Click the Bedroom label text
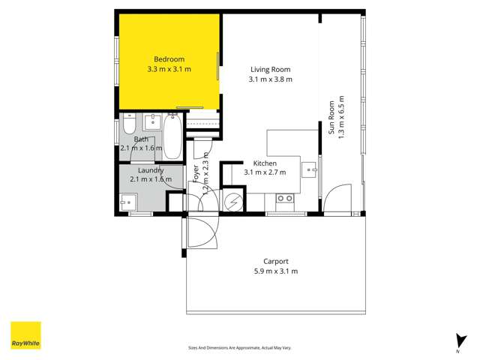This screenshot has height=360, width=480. pos(169,59)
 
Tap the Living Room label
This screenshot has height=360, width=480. pos(270,70)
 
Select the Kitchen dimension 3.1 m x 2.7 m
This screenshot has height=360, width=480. pos(265,172)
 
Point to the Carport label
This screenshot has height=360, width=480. pos(276,262)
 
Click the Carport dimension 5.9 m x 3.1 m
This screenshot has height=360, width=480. pos(276,271)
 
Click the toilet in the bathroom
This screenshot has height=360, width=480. pos(128,126)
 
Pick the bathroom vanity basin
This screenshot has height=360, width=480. pos(153,121)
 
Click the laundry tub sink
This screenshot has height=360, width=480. pos(127,202)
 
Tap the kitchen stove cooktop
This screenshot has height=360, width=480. pos(284,199)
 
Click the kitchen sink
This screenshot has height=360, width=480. pos(308,169)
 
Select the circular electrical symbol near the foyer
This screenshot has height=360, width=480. pos(233,202)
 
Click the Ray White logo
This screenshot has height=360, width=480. pos(25,335)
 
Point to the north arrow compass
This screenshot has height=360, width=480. pos(457,341)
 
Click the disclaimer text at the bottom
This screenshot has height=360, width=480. pos(240,348)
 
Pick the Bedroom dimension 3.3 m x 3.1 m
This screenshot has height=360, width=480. pos(169,69)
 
